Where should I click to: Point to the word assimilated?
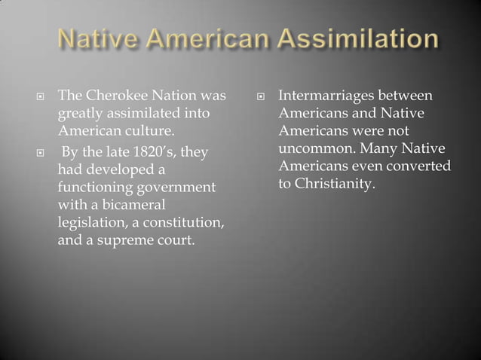134,113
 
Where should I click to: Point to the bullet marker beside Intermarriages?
259,97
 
